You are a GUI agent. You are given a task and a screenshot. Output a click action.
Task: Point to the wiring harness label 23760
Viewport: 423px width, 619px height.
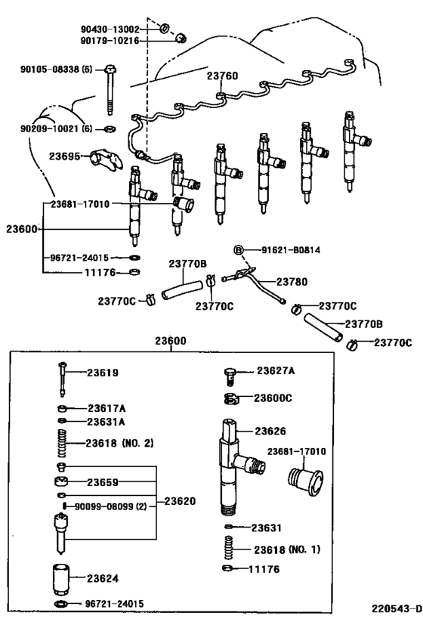(223, 76)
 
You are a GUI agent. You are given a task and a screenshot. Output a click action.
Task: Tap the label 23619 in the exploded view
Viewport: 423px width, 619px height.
(102, 373)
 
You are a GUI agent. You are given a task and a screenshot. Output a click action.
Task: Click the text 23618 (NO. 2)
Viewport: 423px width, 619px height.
(119, 442)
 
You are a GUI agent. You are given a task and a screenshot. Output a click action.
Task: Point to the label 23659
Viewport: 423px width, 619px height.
(102, 481)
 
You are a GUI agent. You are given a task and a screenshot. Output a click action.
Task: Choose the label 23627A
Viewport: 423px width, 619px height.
(275, 370)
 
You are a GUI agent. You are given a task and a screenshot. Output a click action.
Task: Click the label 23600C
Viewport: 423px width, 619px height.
(272, 398)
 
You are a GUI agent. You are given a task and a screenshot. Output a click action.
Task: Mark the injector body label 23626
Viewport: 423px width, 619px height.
(270, 431)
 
